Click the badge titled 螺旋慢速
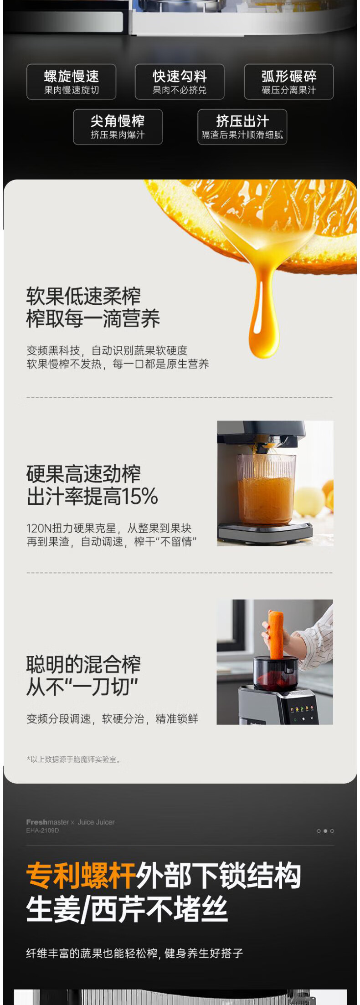(x=71, y=82)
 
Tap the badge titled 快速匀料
(x=180, y=82)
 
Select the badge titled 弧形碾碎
(x=289, y=82)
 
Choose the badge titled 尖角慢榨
(x=118, y=127)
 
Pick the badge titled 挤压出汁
(x=242, y=127)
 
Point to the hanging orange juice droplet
(x=263, y=314)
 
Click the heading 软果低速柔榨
(x=83, y=296)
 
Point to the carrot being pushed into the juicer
(x=276, y=635)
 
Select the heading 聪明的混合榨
(x=83, y=665)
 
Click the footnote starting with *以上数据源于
(x=74, y=759)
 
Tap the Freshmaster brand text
(x=47, y=822)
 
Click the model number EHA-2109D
(x=42, y=831)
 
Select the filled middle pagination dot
(x=325, y=831)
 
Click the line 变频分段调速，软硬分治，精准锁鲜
(x=112, y=719)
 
